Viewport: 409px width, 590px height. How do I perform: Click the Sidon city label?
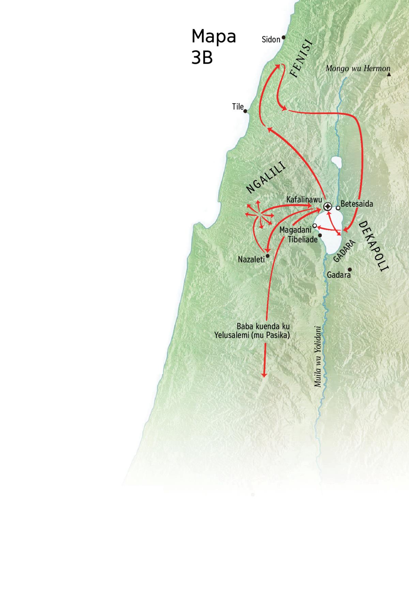coord(271,39)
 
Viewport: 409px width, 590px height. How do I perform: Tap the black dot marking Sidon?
coord(283,37)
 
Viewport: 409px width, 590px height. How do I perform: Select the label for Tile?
coord(238,107)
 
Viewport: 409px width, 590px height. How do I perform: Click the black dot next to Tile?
coord(245,111)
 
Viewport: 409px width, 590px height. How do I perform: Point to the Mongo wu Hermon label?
coord(358,68)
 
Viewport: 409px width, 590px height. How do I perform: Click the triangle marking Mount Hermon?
coord(389,74)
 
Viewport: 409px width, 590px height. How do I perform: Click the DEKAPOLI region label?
coord(374,246)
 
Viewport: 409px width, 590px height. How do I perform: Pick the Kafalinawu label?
coord(304,200)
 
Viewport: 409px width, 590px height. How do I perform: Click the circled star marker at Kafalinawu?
coord(328,206)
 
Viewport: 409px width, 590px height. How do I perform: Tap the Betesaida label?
coord(357,204)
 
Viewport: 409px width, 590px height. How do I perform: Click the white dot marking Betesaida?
coord(338,208)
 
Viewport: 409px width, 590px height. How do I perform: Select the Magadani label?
coord(296,230)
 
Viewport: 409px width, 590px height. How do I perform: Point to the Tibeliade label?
coord(303,239)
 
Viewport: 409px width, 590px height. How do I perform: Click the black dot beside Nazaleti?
coord(268,256)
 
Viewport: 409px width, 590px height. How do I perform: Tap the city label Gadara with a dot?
coord(338,275)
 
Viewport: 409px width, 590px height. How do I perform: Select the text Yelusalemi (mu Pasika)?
coord(252,335)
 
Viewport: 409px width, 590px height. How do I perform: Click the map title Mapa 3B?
coord(214,47)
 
